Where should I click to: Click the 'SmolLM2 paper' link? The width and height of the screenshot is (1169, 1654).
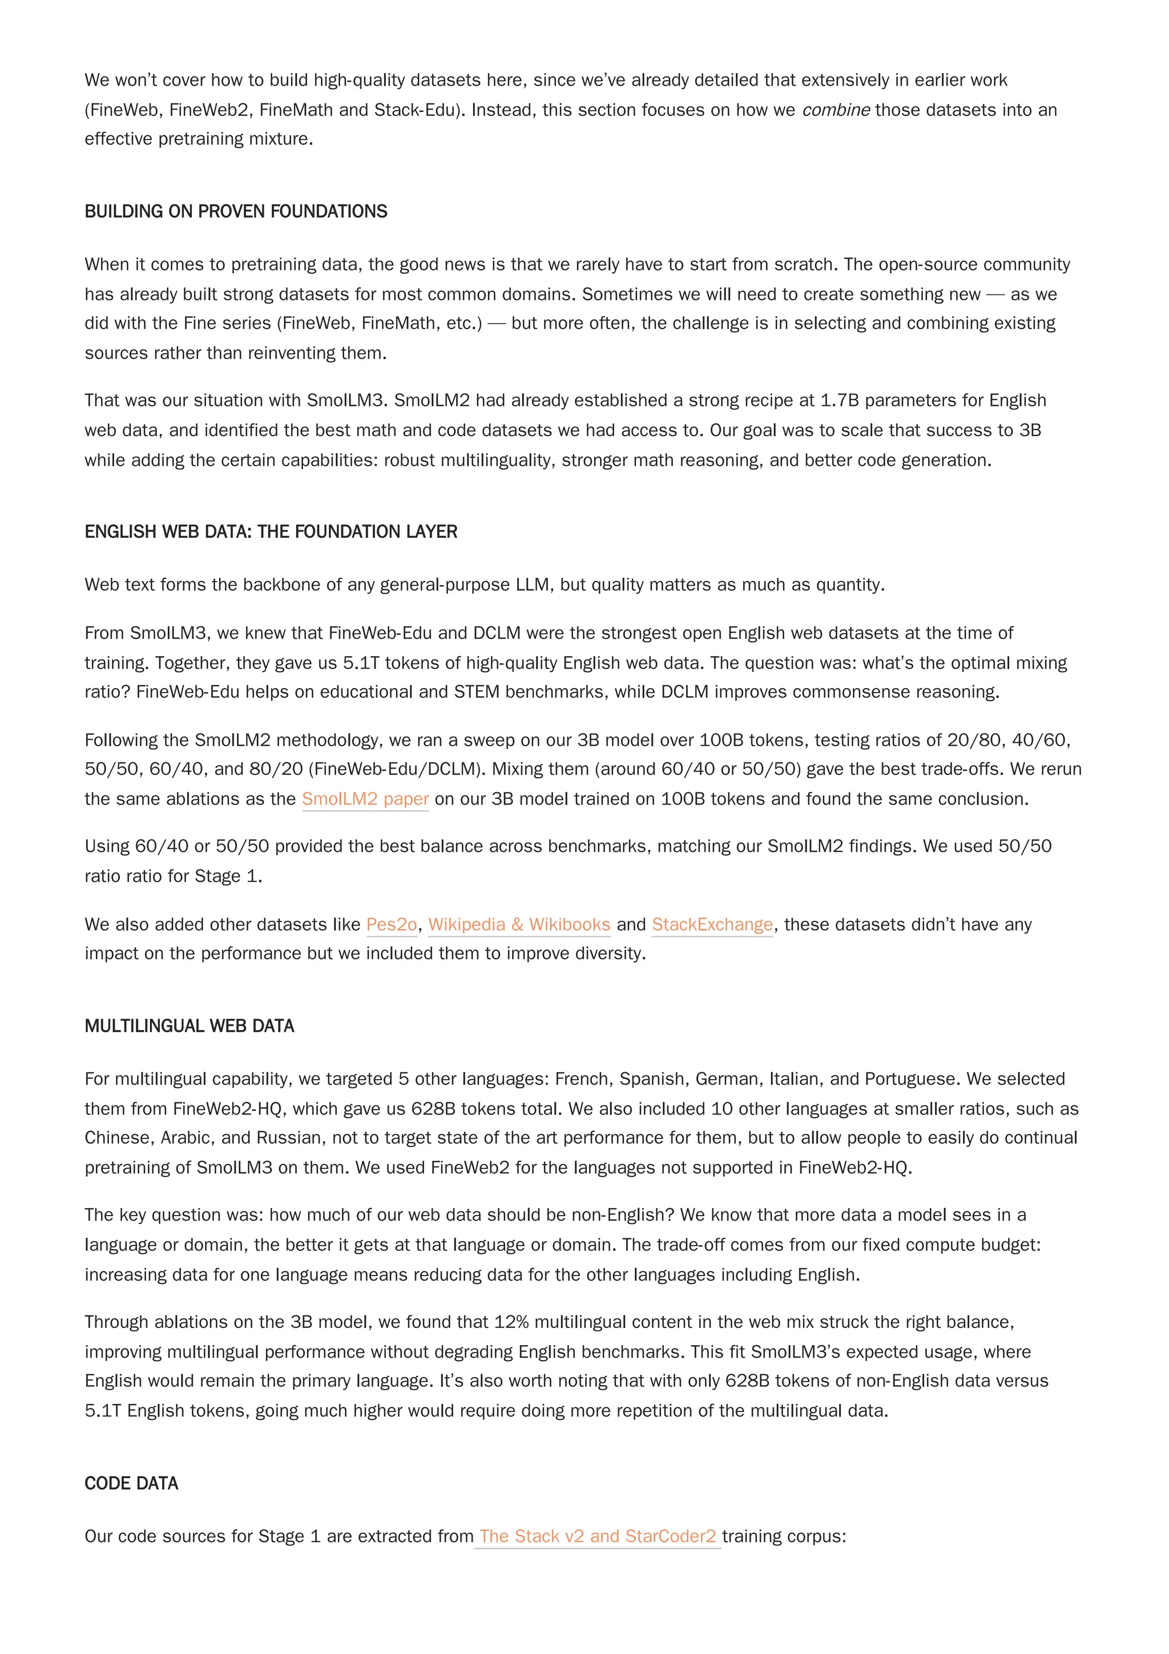click(365, 799)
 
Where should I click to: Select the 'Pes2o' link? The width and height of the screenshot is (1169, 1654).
click(392, 924)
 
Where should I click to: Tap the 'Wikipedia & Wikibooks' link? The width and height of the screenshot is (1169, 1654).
click(519, 924)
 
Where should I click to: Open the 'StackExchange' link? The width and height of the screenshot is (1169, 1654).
click(712, 924)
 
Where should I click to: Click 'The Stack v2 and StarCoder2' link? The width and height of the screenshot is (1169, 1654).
click(598, 1536)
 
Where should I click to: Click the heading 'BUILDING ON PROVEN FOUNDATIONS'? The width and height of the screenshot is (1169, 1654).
click(236, 211)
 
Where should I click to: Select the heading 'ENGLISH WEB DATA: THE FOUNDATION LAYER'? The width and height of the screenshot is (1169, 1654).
click(271, 532)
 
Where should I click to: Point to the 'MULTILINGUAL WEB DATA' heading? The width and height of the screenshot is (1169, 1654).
click(190, 1026)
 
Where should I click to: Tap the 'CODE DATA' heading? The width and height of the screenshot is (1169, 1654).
click(131, 1483)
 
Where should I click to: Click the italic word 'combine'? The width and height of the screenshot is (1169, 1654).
click(836, 110)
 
